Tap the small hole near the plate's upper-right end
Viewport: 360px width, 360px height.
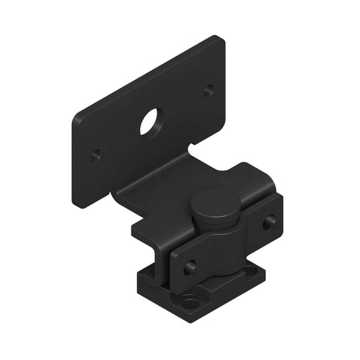[208, 91]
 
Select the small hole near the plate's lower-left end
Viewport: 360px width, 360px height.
[96, 153]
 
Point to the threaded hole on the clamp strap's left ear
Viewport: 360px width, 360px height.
[190, 267]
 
